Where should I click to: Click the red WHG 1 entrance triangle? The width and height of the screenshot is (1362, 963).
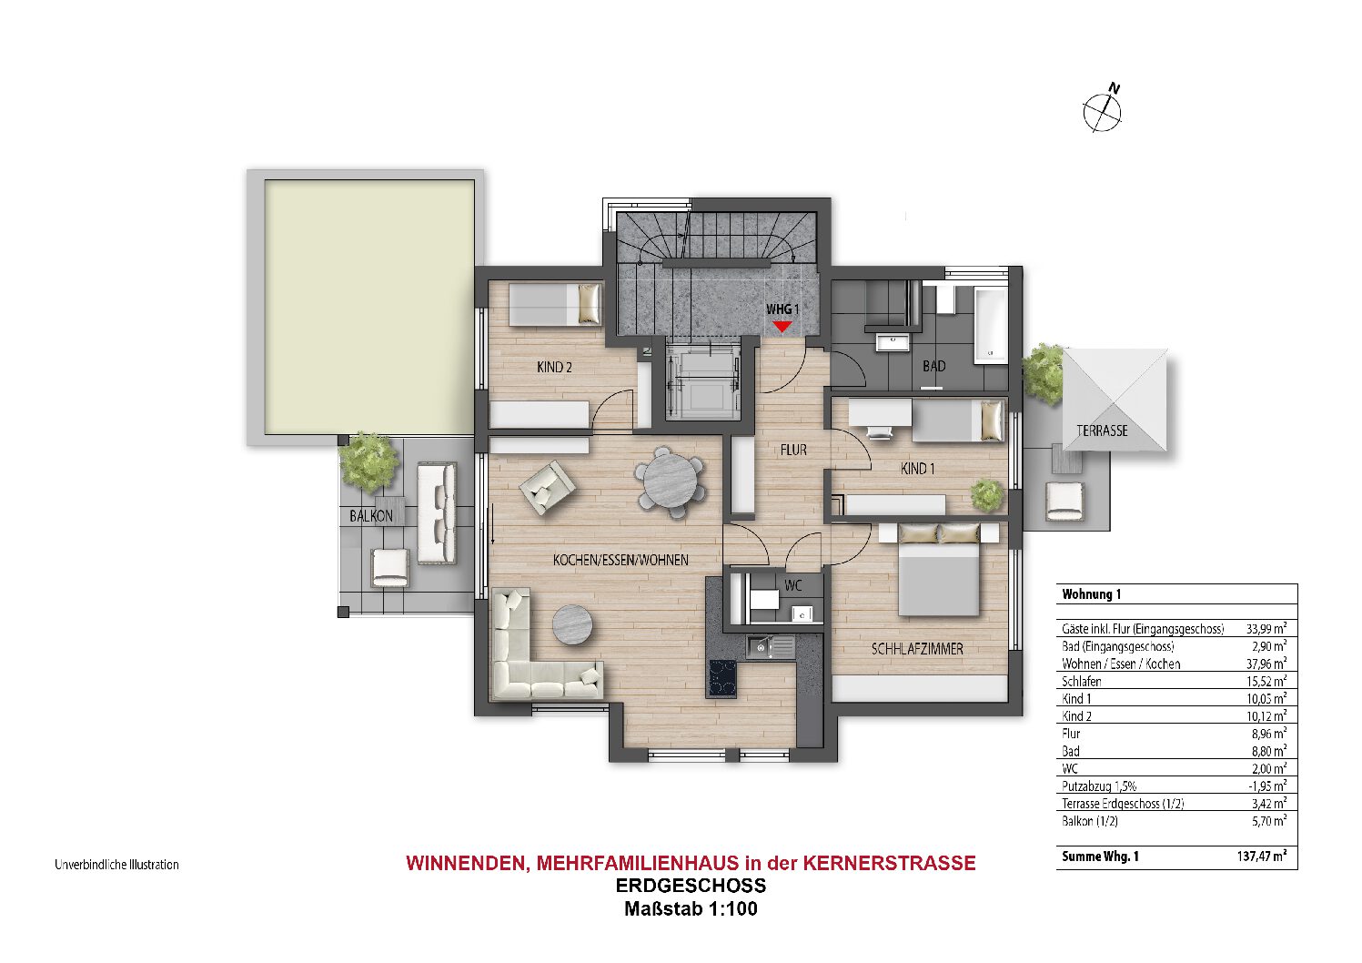pyautogui.click(x=782, y=327)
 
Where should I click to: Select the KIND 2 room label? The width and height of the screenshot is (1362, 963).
pyautogui.click(x=554, y=368)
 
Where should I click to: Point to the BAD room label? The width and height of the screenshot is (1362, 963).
pyautogui.click(x=934, y=366)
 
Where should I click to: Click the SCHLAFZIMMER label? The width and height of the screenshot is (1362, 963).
pyautogui.click(x=917, y=649)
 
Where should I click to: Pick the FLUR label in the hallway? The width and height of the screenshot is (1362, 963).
pyautogui.click(x=793, y=451)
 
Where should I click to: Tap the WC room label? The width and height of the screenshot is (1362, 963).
pyautogui.click(x=792, y=586)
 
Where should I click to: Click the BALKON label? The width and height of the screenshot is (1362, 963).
pyautogui.click(x=371, y=516)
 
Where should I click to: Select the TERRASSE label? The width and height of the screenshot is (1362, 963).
pyautogui.click(x=1102, y=431)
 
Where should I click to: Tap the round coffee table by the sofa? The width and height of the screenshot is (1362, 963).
pyautogui.click(x=573, y=624)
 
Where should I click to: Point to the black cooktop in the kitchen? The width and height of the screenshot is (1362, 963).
pyautogui.click(x=721, y=678)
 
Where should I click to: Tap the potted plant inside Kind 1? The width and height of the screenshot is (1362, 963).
pyautogui.click(x=986, y=495)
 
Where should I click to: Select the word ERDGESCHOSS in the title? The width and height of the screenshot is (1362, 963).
pyautogui.click(x=691, y=886)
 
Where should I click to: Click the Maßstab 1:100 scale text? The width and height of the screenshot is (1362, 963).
pyautogui.click(x=691, y=909)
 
